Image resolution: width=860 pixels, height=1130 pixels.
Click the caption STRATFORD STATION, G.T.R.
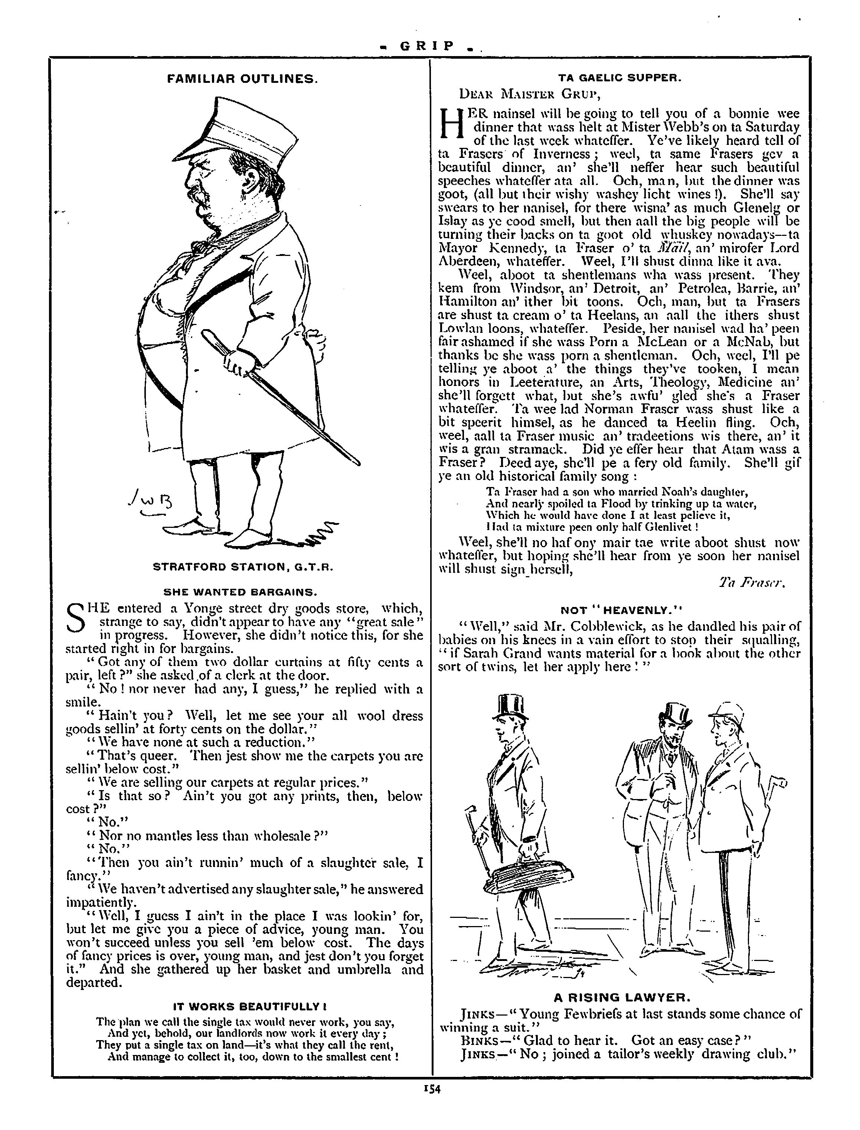pyautogui.click(x=243, y=567)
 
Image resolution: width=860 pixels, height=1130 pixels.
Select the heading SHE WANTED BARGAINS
pyautogui.click(x=241, y=592)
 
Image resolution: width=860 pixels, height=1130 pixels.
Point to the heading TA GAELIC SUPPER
pyautogui.click(x=619, y=78)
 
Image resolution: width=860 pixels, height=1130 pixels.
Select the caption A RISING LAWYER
pyautogui.click(x=622, y=997)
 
